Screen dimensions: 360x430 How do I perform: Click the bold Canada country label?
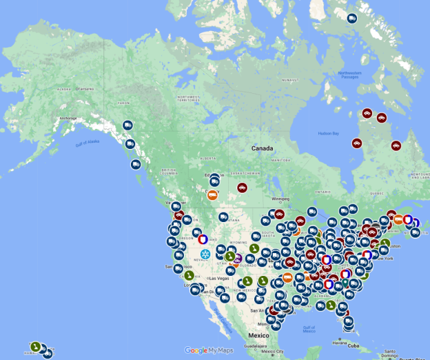pyautogui.click(x=262, y=148)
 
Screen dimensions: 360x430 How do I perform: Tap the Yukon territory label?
pyautogui.click(x=123, y=103)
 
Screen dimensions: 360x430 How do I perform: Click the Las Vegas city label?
pyautogui.click(x=219, y=278)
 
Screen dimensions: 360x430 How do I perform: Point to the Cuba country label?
pyautogui.click(x=354, y=346)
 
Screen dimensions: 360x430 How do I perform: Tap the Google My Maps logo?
pyautogui.click(x=209, y=350)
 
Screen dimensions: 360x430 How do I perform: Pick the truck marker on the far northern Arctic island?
pyautogui.click(x=352, y=19)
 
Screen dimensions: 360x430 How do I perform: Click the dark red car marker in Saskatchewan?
pyautogui.click(x=242, y=188)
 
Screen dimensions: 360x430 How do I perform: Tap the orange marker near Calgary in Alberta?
pyautogui.click(x=213, y=195)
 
